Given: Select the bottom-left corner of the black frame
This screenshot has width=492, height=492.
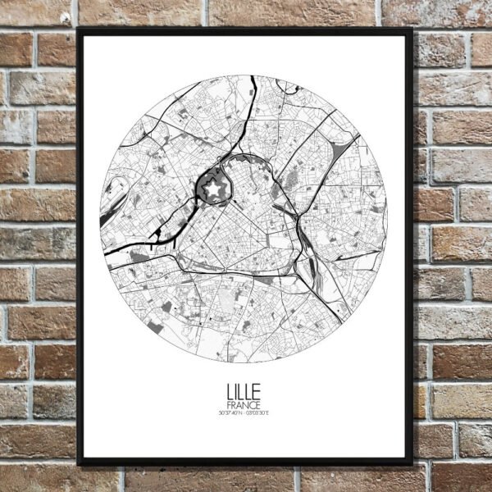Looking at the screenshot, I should tap(79, 463).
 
